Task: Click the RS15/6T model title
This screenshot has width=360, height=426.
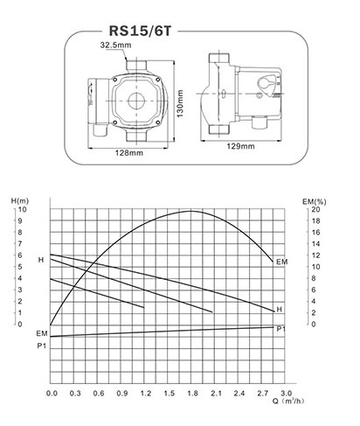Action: pos(140,31)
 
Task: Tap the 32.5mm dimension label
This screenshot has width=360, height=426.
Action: pos(115,45)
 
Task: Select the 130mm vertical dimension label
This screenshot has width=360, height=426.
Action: pos(180,103)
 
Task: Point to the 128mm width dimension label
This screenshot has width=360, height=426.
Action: pos(129,153)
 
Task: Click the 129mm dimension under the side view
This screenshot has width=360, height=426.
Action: pos(240,146)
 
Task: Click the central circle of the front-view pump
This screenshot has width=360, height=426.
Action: pos(136,101)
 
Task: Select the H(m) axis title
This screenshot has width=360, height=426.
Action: pos(20,200)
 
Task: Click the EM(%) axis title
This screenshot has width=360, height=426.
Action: pos(315,201)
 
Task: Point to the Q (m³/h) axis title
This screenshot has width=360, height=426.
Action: pos(288,401)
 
